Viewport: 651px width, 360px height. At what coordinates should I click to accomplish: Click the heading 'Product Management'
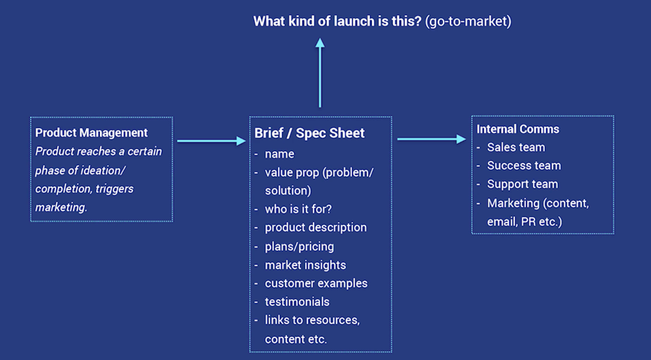point(92,132)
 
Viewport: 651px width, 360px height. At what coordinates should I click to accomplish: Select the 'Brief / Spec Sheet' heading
point(309,133)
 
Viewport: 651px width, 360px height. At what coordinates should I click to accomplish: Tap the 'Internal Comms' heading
point(518,129)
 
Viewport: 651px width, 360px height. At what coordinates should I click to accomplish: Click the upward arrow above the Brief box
point(319,73)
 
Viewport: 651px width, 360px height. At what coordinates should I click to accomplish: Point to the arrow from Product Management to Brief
point(211,141)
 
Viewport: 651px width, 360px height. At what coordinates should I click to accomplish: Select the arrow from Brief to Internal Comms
point(431,139)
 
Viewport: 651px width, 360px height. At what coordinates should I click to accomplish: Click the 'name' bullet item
point(280,154)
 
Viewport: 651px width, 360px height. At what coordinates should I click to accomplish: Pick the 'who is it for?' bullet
point(298,209)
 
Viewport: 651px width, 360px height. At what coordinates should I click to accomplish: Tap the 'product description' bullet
point(316,228)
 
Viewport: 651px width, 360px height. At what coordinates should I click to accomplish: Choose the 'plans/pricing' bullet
point(299,247)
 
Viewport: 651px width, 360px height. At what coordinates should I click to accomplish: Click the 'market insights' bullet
point(305,265)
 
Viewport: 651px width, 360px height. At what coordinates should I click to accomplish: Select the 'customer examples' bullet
point(316,283)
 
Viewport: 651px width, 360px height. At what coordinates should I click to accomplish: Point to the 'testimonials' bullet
point(297,302)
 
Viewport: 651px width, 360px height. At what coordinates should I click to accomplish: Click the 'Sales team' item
point(516,147)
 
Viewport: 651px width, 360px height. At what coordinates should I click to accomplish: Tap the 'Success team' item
point(524,165)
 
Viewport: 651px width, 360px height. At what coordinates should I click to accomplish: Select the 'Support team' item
point(522,184)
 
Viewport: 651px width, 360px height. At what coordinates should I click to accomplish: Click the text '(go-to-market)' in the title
point(468,21)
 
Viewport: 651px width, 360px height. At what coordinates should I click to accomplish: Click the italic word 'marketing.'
point(61,207)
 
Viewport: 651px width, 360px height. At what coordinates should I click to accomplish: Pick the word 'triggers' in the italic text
point(114,189)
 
